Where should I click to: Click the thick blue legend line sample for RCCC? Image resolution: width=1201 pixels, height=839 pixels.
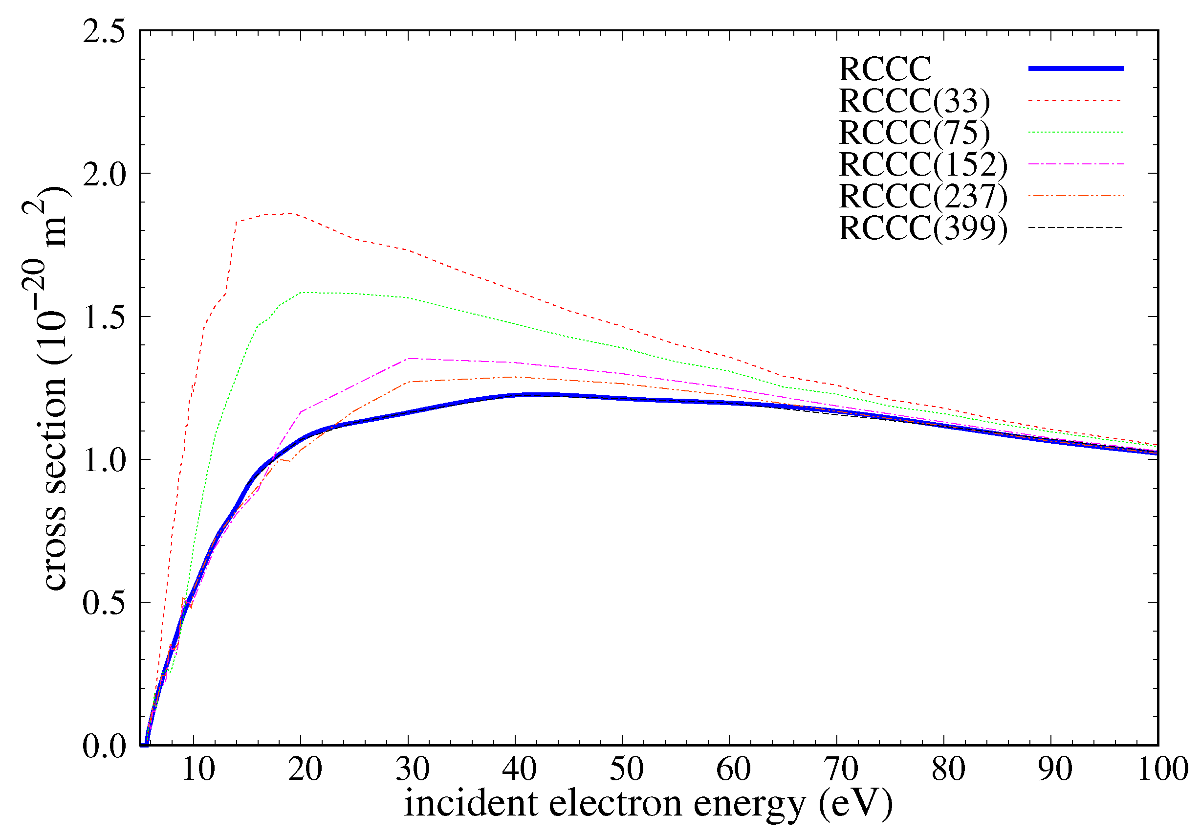[x=1075, y=68]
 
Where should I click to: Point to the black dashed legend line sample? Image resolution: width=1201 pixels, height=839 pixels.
[x=1075, y=227]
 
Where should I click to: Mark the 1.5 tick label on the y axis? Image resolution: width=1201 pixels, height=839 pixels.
[x=105, y=317]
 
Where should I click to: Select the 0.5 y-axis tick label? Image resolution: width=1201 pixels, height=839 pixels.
[x=105, y=603]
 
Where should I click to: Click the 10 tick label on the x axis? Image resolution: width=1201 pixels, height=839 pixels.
[x=198, y=770]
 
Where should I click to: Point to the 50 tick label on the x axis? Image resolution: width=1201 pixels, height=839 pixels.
[x=626, y=770]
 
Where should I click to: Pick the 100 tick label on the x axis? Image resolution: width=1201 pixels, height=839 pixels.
[x=1162, y=770]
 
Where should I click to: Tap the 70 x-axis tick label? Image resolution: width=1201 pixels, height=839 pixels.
[x=841, y=770]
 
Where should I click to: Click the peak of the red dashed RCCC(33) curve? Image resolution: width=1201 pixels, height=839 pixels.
[x=289, y=213]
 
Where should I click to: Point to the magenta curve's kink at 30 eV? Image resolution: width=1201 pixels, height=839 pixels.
[x=409, y=359]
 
